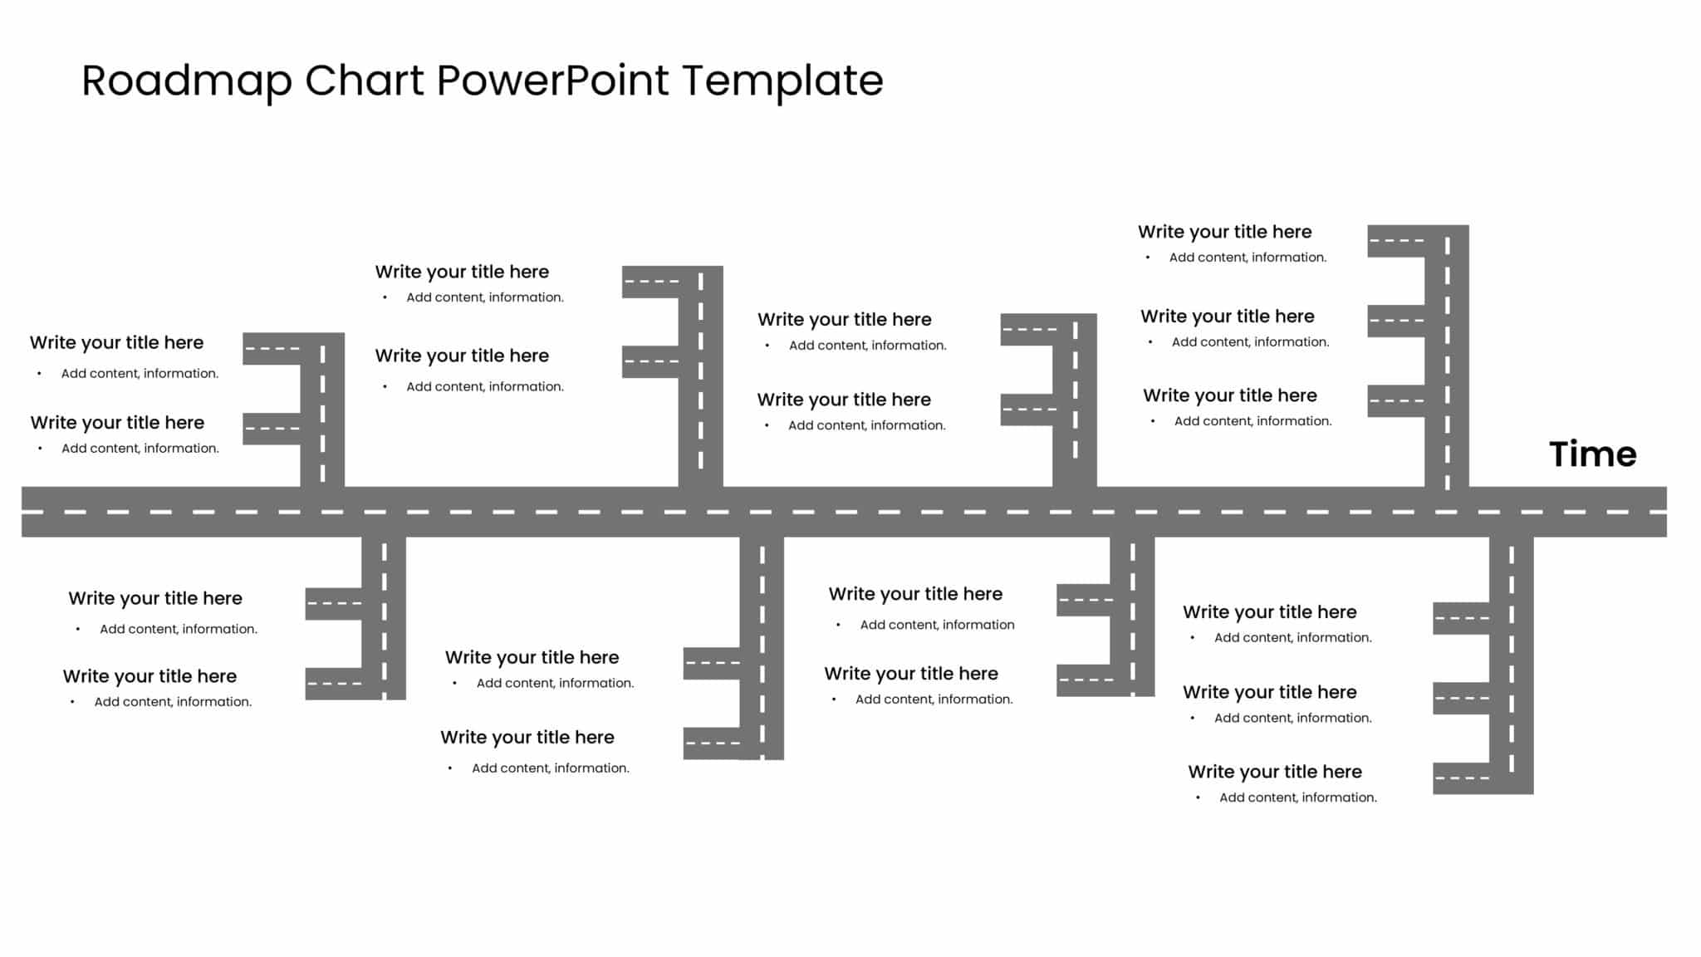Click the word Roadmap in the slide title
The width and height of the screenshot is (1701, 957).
point(187,81)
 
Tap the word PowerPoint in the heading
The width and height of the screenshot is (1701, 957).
point(553,81)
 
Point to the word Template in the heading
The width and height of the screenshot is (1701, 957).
point(782,81)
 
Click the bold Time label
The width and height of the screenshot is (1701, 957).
point(1592,454)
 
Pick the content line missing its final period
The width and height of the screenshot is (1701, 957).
point(936,625)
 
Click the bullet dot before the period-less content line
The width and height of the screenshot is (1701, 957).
point(838,625)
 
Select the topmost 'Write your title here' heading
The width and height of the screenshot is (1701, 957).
point(1224,232)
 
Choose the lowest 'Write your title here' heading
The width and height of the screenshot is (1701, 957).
point(1274,772)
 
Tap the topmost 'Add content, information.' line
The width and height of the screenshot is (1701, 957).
point(1248,258)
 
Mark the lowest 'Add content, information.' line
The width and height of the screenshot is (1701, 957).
point(1297,797)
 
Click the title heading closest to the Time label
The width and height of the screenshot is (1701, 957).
point(1229,395)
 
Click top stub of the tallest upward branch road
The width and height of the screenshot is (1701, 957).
point(1395,241)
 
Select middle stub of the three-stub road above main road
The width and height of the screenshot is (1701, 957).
point(1395,321)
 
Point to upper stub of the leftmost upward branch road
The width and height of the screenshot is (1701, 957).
point(271,349)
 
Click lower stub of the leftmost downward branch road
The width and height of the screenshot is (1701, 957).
point(333,684)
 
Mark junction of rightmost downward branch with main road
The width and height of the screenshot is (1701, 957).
point(1511,512)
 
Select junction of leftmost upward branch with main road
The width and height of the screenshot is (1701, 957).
point(322,512)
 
